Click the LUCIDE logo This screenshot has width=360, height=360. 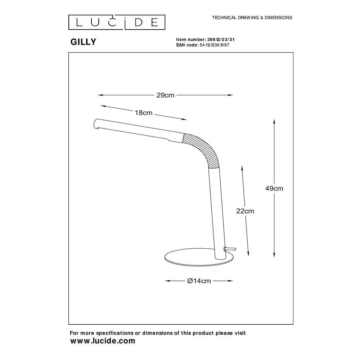[x=117, y=22]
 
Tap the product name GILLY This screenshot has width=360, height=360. [x=83, y=42]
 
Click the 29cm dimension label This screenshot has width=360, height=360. [x=165, y=95]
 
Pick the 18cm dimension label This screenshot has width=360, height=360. [x=143, y=113]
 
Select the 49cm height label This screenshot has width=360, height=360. [x=274, y=188]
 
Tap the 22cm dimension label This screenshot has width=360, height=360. [x=245, y=211]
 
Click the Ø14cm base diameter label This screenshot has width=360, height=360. [x=199, y=281]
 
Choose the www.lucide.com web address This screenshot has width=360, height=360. [x=103, y=341]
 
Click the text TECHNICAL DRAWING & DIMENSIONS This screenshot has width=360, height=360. [x=252, y=17]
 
